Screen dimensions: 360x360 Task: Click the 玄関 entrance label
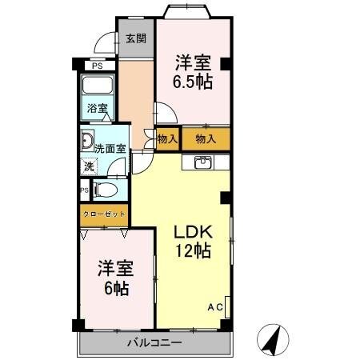pos(136,38)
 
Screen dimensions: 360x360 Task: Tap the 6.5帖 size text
pos(193,82)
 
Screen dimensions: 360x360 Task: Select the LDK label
pos(193,232)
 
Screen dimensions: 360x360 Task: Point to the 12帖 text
pos(193,250)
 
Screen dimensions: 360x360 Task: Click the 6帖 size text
pos(117,288)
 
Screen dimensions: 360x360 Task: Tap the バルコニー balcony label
pos(154,342)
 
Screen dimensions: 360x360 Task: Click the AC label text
pos(215,307)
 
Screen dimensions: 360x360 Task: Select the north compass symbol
pos(273,340)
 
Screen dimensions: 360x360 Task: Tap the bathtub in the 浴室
pos(98,85)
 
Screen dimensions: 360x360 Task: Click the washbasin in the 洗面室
pos(87,140)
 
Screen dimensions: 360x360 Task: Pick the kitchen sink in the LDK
pos(203,162)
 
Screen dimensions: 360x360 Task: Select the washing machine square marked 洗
pos(89,166)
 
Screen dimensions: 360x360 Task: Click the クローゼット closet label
pos(104,214)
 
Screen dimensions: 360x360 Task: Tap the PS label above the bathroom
pos(98,66)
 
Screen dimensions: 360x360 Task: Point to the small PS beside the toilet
pos(85,190)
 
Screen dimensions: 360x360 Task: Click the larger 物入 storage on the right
pos(206,138)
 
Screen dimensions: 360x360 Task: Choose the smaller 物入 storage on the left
pos(167,138)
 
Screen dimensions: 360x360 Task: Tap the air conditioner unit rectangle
pos(227,306)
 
